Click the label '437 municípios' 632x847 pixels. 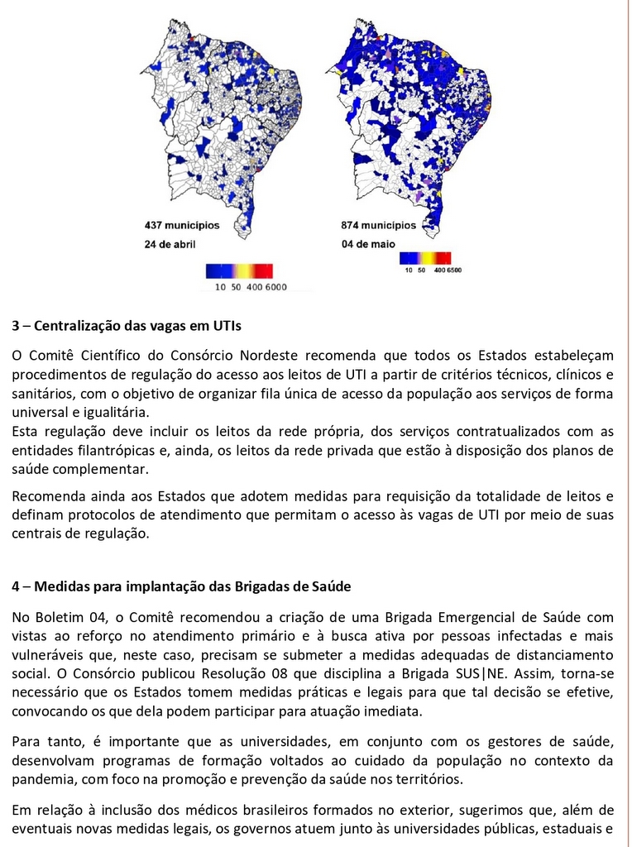point(182,224)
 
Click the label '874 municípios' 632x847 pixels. point(379,224)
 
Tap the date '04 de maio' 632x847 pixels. point(368,243)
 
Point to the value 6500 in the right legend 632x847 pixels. point(453,270)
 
